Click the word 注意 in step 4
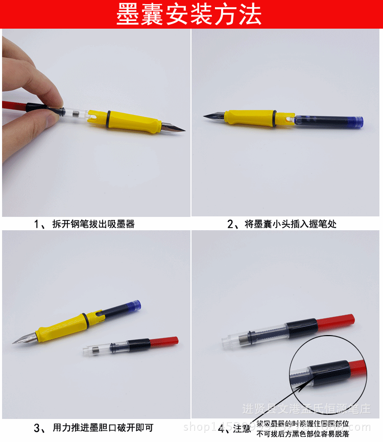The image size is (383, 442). (x=242, y=429)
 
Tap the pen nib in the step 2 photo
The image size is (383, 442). (x=213, y=117)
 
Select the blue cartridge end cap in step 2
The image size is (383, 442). (x=358, y=122)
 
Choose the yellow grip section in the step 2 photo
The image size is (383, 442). (x=250, y=118)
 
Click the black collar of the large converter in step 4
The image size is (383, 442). (x=301, y=328)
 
